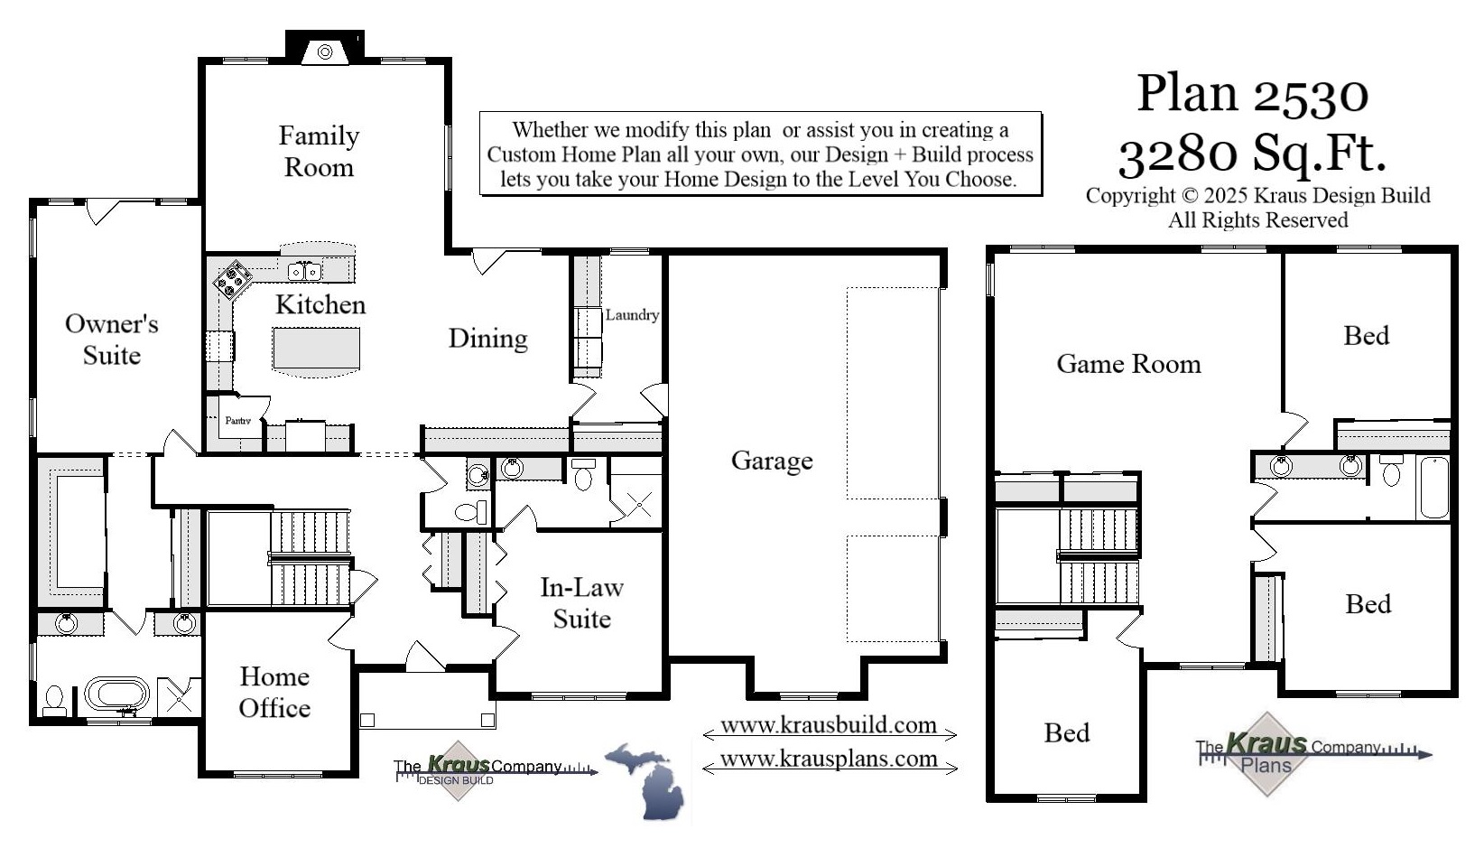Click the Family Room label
pyautogui.click(x=319, y=151)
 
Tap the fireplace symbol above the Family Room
pyautogui.click(x=325, y=52)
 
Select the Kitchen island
pyautogui.click(x=316, y=349)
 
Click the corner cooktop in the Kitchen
pyautogui.click(x=232, y=279)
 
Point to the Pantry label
pyautogui.click(x=237, y=421)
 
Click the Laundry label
pyautogui.click(x=631, y=315)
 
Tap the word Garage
pyautogui.click(x=772, y=461)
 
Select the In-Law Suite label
pyautogui.click(x=581, y=603)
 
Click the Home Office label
pyautogui.click(x=274, y=692)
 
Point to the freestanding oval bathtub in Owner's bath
pyautogui.click(x=117, y=694)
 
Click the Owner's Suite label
pyautogui.click(x=111, y=340)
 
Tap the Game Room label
pyautogui.click(x=1128, y=364)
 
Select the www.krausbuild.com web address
pyautogui.click(x=828, y=725)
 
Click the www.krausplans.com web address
pyautogui.click(x=828, y=759)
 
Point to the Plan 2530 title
pyautogui.click(x=1252, y=93)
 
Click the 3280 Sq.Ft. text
pyautogui.click(x=1252, y=154)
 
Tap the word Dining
pyautogui.click(x=487, y=339)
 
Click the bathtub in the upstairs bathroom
pyautogui.click(x=1433, y=488)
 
